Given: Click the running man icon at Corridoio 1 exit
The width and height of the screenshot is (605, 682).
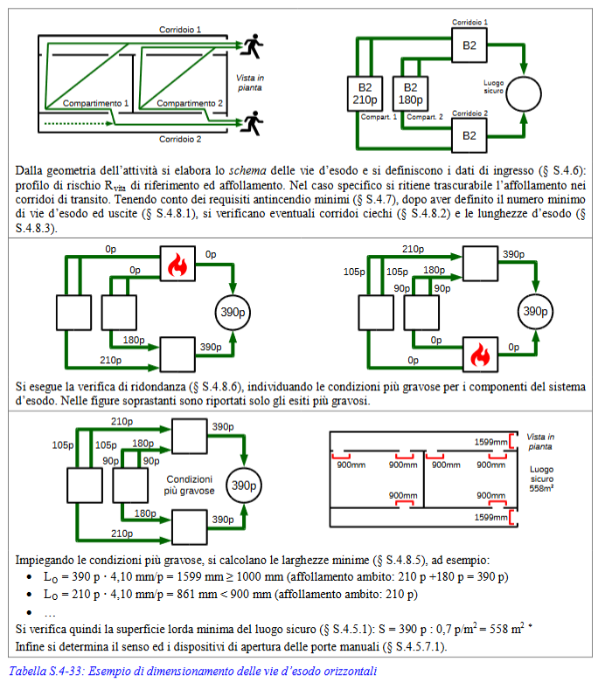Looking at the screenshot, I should (x=254, y=46).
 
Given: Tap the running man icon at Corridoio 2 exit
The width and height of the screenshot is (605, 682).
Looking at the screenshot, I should (x=254, y=120).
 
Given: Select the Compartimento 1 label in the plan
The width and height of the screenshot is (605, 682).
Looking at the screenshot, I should (x=96, y=103).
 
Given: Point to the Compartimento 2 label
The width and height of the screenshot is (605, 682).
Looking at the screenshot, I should (x=190, y=103).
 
